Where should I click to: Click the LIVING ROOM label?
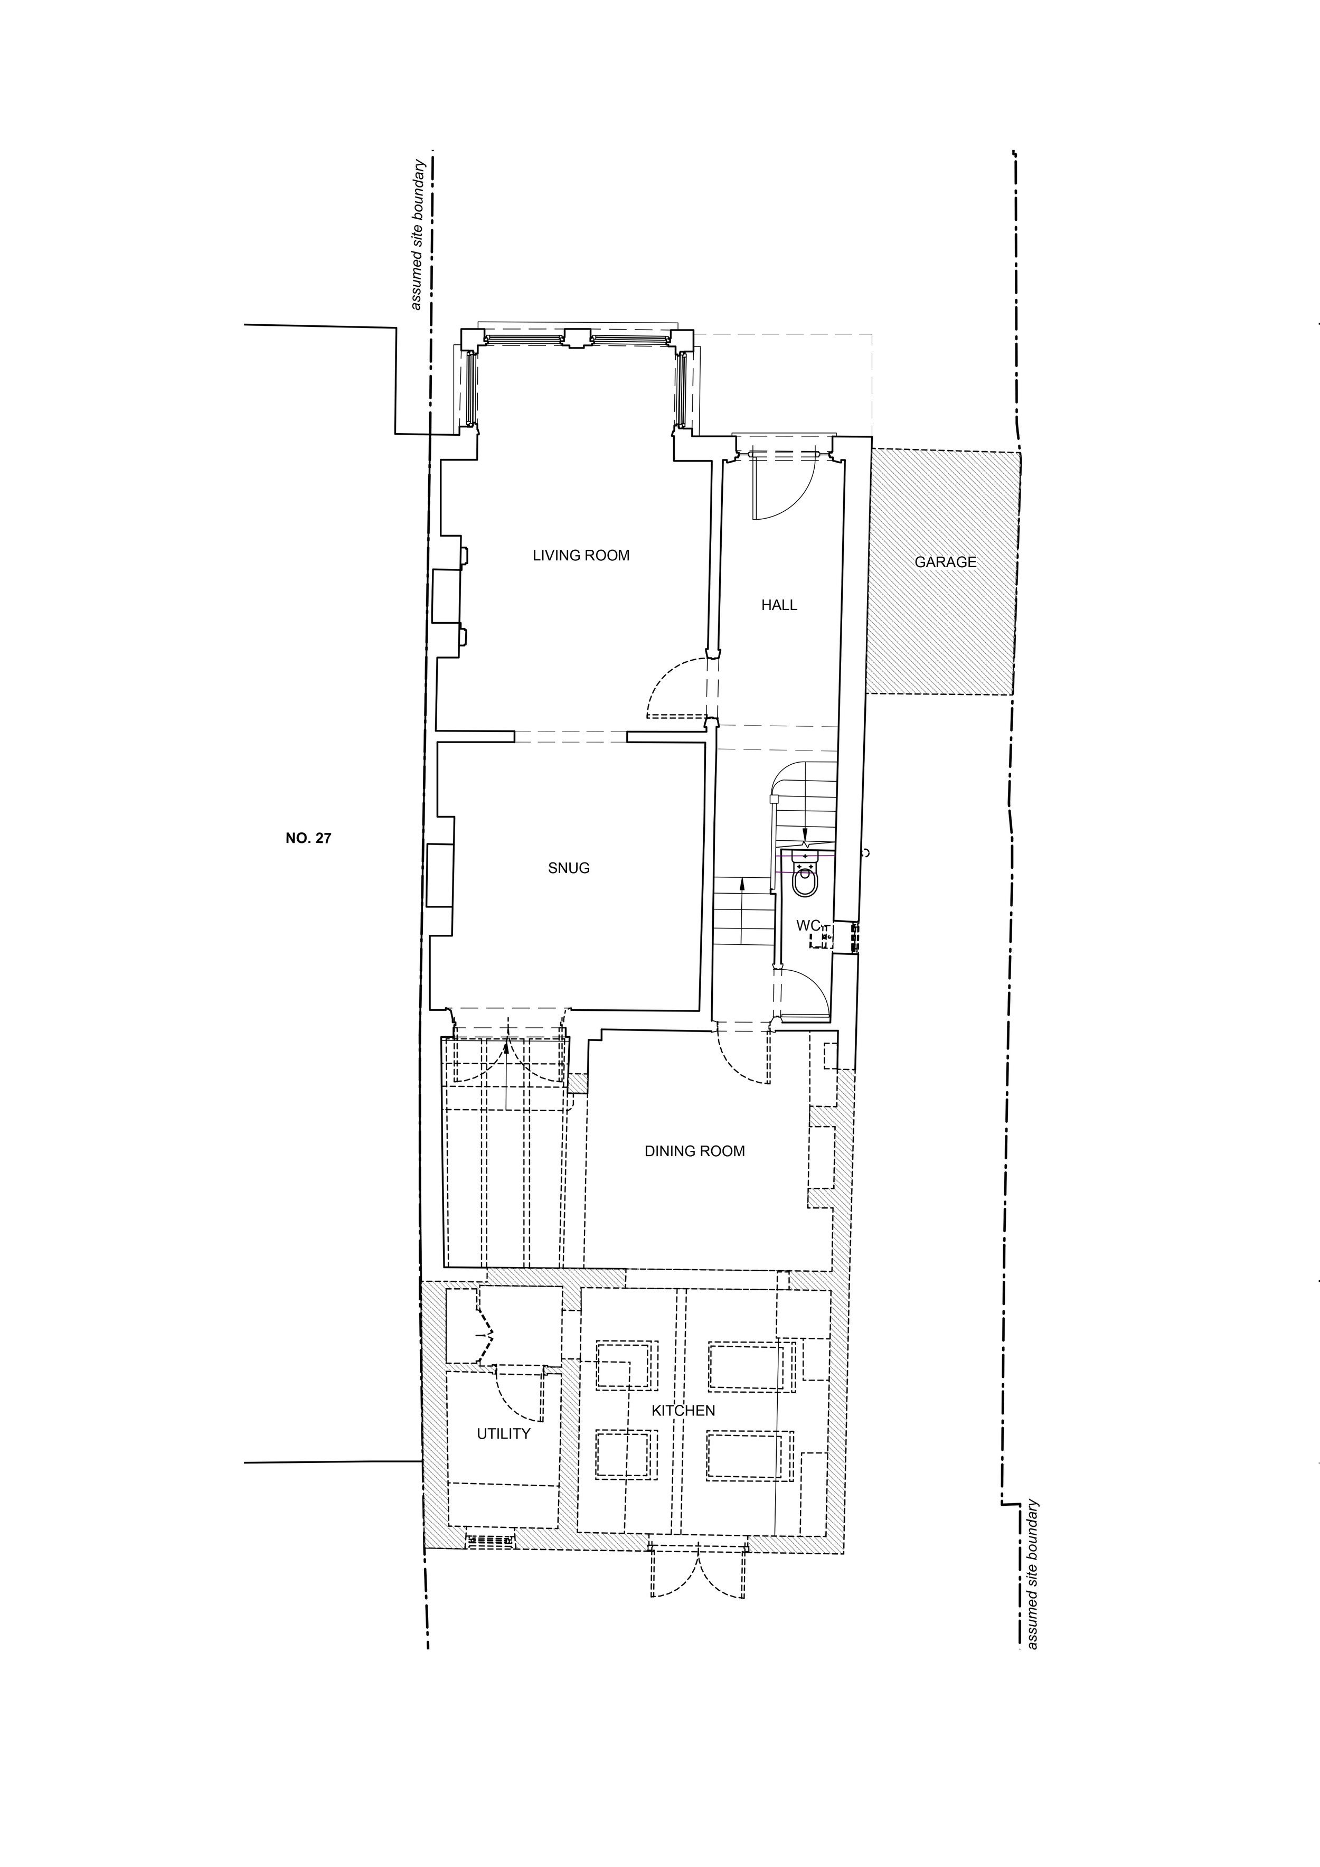[581, 556]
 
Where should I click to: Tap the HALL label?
[779, 605]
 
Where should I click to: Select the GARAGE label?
[945, 562]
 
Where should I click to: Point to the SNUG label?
[569, 868]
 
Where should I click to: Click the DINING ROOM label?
[695, 1151]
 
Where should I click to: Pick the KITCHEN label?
[684, 1410]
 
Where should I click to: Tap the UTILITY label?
[504, 1433]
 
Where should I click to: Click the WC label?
[808, 925]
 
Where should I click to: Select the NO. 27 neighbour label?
[309, 838]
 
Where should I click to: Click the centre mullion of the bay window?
[576, 338]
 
